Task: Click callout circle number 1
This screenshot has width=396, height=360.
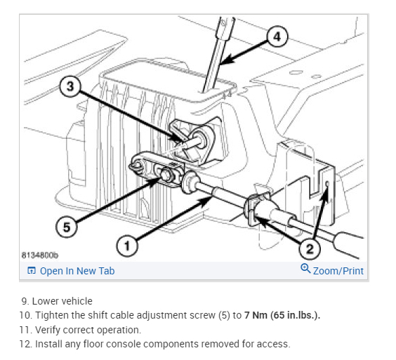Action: click(x=127, y=246)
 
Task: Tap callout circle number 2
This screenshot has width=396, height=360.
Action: click(x=310, y=248)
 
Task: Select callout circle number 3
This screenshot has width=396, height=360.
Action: click(x=70, y=86)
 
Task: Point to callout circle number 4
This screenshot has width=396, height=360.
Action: click(x=277, y=36)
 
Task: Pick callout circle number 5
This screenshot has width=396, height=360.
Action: click(x=67, y=227)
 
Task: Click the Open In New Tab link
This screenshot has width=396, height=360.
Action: click(x=77, y=271)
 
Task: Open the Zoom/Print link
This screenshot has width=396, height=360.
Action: click(x=338, y=271)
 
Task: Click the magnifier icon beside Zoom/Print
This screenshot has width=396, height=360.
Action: click(x=305, y=268)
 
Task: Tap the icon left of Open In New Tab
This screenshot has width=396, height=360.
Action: click(x=32, y=270)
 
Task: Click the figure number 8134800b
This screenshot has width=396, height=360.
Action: click(x=39, y=255)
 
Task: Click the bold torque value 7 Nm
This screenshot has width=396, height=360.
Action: click(x=256, y=315)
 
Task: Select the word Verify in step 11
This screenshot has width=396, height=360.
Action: click(x=48, y=330)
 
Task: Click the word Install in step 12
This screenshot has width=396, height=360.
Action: click(x=48, y=344)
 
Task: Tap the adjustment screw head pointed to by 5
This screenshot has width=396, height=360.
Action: click(x=165, y=175)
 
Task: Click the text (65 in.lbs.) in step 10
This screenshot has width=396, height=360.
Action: click(x=295, y=315)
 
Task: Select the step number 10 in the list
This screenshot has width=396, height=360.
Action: click(x=26, y=315)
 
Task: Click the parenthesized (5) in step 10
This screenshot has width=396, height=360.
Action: click(x=225, y=315)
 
